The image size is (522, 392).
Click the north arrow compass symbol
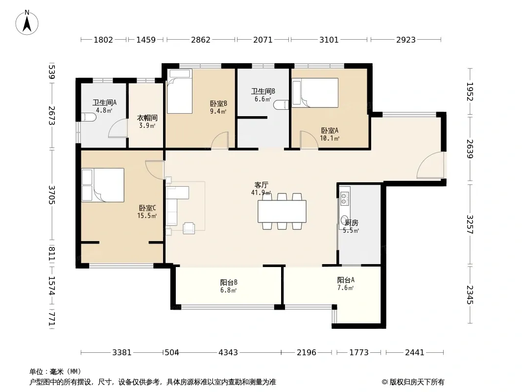pyautogui.click(x=26, y=23)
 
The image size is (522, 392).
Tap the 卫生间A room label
pyautogui.click(x=104, y=102)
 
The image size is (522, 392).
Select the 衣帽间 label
pyautogui.click(x=147, y=118)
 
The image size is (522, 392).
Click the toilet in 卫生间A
pyautogui.click(x=89, y=118)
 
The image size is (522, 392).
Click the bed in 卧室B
pyautogui.click(x=180, y=91)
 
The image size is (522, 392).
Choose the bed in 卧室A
pyautogui.click(x=315, y=93)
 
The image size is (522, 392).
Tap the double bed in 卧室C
pyautogui.click(x=103, y=185)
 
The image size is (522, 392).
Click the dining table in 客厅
pyautogui.click(x=282, y=211)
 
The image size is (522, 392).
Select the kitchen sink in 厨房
pyautogui.click(x=345, y=197)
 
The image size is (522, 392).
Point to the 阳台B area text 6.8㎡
pyautogui.click(x=228, y=290)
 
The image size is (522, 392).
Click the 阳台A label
pyautogui.click(x=346, y=280)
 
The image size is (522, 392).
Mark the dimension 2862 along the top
pyautogui.click(x=200, y=40)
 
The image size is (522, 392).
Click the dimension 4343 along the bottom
pyautogui.click(x=228, y=352)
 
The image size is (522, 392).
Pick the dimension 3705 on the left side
pyautogui.click(x=51, y=195)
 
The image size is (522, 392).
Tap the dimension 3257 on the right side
pyautogui.click(x=470, y=224)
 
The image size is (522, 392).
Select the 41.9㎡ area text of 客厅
pyautogui.click(x=261, y=193)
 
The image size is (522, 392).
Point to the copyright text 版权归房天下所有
pyautogui.click(x=417, y=382)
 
